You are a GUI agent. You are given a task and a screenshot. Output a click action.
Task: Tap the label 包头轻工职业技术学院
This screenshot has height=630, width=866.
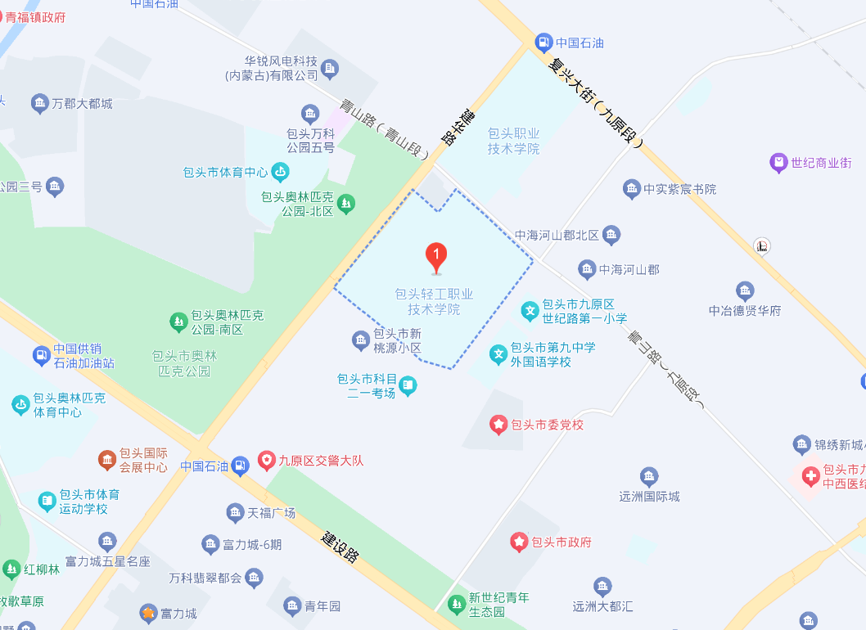434,302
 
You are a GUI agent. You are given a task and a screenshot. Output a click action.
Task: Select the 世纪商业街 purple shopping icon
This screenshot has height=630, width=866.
778,163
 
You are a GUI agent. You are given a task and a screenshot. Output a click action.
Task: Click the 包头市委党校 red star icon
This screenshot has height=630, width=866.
498,425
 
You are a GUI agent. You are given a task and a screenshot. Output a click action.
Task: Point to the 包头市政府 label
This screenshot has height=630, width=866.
562,542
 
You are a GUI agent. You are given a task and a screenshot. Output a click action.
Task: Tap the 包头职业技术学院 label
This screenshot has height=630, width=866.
514,141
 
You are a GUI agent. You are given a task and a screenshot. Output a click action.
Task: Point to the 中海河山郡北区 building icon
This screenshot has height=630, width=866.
611,236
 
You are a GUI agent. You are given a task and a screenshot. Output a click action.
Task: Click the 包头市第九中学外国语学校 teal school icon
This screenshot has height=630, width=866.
498,354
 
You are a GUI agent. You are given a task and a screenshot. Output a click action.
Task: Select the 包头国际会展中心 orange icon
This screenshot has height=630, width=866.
107,460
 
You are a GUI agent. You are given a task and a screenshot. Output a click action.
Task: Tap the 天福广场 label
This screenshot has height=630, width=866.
271,513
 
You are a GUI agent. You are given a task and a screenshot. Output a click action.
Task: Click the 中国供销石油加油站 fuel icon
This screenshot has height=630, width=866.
41,356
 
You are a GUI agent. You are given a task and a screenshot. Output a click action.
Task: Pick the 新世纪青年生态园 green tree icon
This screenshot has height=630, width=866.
457,605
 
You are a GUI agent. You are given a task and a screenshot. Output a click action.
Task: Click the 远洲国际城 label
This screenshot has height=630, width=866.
650,496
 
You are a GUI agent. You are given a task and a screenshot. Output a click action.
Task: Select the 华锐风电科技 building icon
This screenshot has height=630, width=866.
330,68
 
